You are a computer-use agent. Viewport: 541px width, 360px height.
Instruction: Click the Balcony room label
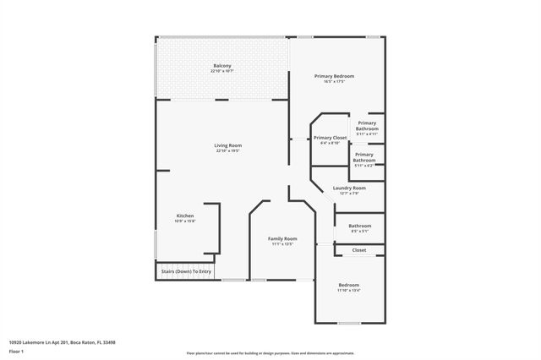pyautogui.click(x=221, y=66)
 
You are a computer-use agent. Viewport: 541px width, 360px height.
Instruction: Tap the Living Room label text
pyautogui.click(x=227, y=146)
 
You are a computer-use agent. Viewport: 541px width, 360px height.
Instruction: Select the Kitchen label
pyautogui.click(x=185, y=215)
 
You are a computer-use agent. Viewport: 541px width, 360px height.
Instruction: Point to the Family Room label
pyautogui.click(x=282, y=238)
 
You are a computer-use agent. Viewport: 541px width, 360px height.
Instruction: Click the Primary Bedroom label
pyautogui.click(x=334, y=76)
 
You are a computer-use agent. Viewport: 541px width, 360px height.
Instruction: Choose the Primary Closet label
pyautogui.click(x=330, y=137)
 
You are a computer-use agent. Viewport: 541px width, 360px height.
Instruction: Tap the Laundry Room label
pyautogui.click(x=349, y=188)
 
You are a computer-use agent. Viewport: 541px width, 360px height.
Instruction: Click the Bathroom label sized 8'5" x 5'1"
pyautogui.click(x=360, y=226)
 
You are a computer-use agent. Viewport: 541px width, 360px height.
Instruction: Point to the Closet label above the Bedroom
pyautogui.click(x=359, y=250)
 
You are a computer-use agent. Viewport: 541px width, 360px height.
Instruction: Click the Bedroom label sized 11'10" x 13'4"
pyautogui.click(x=349, y=285)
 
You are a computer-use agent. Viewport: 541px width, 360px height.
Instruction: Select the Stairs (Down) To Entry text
pyautogui.click(x=184, y=271)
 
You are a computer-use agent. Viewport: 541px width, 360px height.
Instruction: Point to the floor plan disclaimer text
pyautogui.click(x=270, y=352)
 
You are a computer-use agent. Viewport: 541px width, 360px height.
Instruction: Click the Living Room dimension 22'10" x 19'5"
pyautogui.click(x=227, y=151)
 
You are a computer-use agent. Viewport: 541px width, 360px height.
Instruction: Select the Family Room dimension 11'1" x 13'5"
pyautogui.click(x=282, y=244)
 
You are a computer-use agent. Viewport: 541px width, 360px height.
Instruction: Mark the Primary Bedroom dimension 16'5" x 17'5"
pyautogui.click(x=334, y=81)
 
